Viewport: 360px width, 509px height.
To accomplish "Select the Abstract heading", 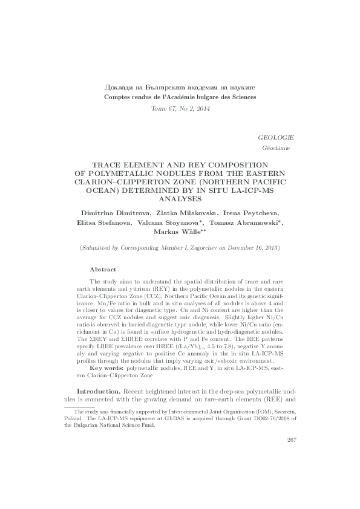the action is pyautogui.click(x=103, y=268).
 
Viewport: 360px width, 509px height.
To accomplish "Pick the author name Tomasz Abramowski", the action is pyautogui.click(x=244, y=223).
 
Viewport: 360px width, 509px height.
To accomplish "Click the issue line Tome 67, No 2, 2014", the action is pyautogui.click(x=180, y=108).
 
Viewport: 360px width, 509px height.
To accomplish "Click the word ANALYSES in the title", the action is pyautogui.click(x=180, y=198).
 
